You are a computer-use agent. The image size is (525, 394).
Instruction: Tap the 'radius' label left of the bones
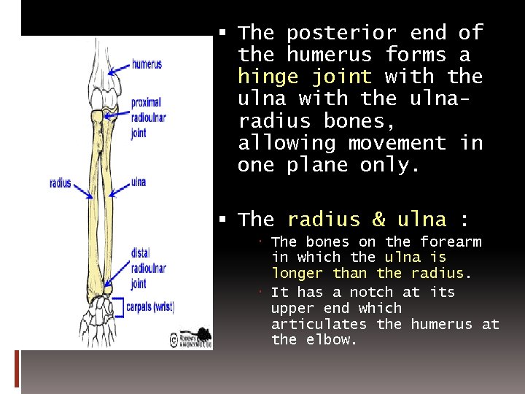click(x=60, y=182)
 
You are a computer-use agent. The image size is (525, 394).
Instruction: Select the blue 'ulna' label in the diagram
click(x=139, y=182)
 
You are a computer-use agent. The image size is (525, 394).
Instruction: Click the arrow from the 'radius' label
click(x=82, y=189)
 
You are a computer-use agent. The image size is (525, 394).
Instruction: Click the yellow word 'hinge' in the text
click(x=265, y=77)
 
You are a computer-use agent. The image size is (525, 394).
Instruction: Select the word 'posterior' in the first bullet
click(x=341, y=33)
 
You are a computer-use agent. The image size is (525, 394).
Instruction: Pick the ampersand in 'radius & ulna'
click(x=378, y=220)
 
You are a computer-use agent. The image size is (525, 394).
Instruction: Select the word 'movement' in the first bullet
click(x=397, y=143)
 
